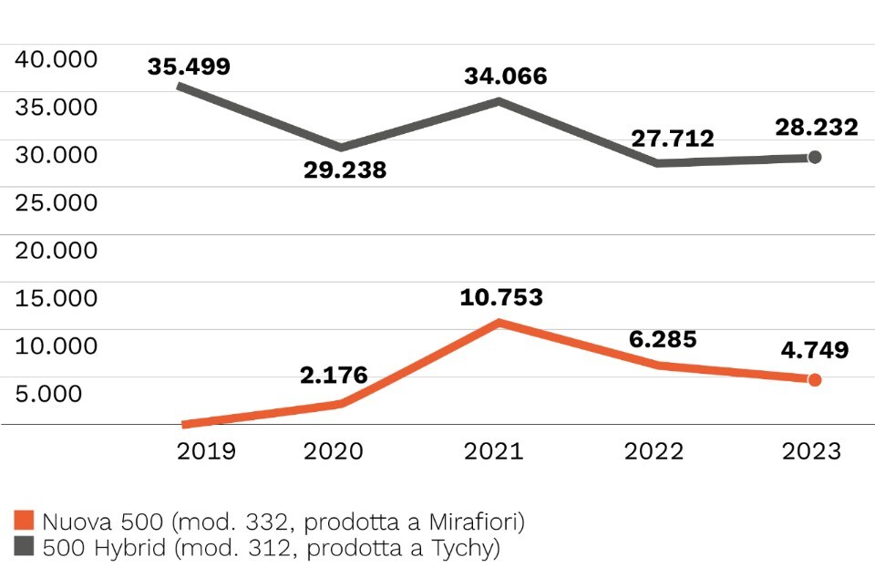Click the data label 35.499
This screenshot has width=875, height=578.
tap(189, 67)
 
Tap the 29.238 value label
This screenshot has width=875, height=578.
tap(345, 170)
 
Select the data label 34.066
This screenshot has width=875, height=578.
tap(505, 76)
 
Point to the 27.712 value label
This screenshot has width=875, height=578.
tap(673, 139)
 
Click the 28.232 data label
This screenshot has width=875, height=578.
tap(817, 128)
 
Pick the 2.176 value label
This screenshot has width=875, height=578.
tap(334, 375)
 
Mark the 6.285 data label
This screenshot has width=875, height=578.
tap(663, 339)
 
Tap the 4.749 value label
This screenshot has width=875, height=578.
tap(815, 350)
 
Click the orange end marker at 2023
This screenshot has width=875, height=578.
tap(815, 379)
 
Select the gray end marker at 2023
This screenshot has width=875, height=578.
tap(815, 157)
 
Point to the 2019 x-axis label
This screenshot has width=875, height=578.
tap(206, 451)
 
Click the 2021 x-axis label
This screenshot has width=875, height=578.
tap(494, 451)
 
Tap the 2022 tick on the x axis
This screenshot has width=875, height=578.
tap(654, 451)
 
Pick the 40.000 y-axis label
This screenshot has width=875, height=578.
tap(57, 59)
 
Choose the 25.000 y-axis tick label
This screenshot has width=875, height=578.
tap(57, 202)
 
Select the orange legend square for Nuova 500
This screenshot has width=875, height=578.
tap(25, 521)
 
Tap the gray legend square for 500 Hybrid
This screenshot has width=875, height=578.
tap(25, 548)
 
